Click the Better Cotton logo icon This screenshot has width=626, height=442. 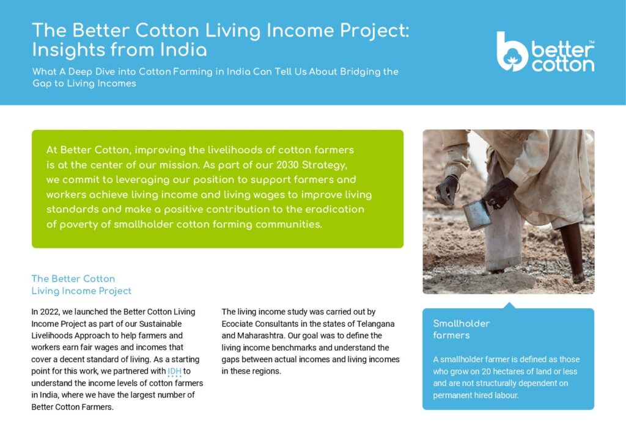click(x=512, y=52)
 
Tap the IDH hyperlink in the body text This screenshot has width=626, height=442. click(x=174, y=371)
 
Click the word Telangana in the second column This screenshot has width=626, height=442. click(x=376, y=324)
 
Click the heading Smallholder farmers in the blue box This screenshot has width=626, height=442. click(x=461, y=329)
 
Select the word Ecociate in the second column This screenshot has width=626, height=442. click(x=237, y=324)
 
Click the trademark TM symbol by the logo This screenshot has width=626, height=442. click(x=591, y=42)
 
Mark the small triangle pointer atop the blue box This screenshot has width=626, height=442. click(x=509, y=305)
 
